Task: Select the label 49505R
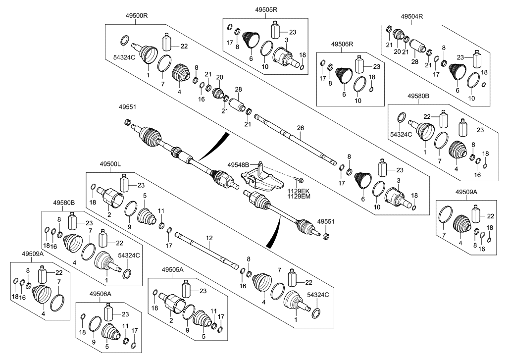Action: point(266,9)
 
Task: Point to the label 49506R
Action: point(342,45)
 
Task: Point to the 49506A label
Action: point(101,294)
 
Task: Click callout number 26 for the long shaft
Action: point(300,128)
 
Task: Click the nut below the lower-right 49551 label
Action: point(326,236)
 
